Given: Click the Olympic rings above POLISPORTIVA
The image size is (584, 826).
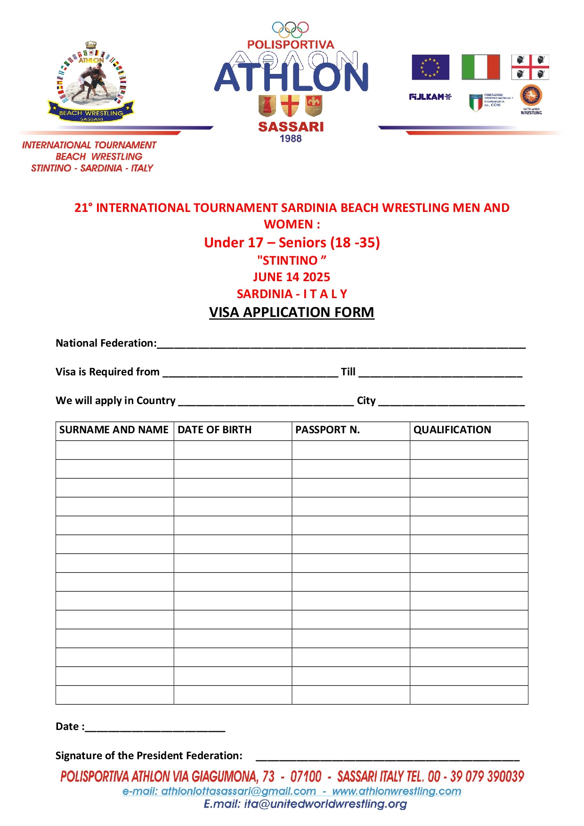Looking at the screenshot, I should pos(290,30).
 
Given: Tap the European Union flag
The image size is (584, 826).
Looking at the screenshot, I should pos(430,67).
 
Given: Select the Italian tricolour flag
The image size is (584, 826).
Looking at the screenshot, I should pos(480,67).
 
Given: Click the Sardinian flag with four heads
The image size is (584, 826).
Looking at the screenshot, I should pos(530,67).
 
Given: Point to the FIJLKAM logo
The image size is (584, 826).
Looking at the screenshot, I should pos(430,97).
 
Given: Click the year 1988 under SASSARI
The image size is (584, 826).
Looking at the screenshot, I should pos(291,138).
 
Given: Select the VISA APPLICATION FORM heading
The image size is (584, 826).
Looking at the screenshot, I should pos(292,312).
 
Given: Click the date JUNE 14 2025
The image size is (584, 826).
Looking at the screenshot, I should pos(292,277).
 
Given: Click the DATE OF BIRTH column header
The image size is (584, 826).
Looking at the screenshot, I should pos(214,429).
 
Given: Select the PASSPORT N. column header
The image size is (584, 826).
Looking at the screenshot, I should pos(327,429).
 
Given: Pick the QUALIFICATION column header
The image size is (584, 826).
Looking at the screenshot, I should pos(452,429).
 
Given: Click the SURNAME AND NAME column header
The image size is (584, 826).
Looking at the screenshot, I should pos(114,429).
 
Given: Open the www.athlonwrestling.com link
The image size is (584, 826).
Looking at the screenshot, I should pos(397,791).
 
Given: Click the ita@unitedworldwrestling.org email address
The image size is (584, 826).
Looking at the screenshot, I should pos(325,804).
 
